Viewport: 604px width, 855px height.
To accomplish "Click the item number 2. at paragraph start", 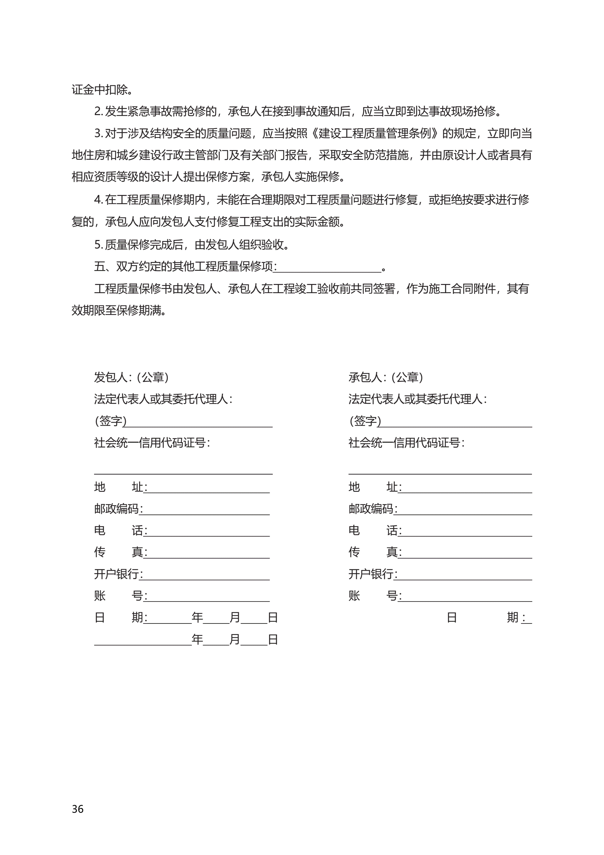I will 98,111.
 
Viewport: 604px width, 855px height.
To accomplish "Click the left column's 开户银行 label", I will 116,574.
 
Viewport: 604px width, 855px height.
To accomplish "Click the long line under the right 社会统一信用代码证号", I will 440,473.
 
